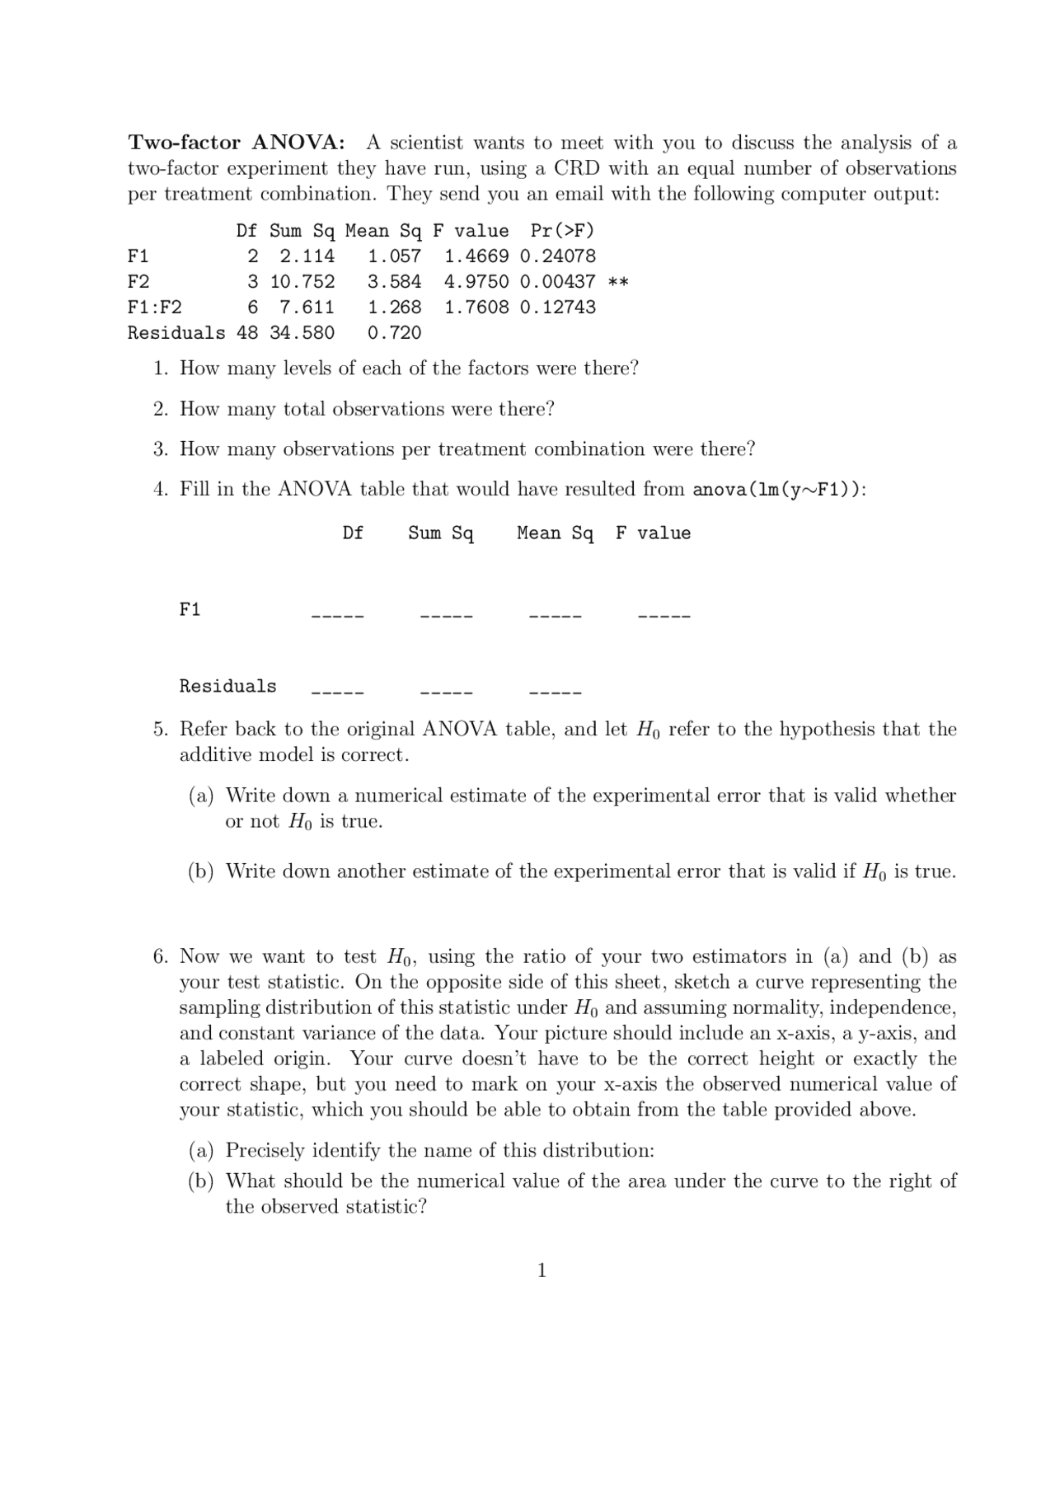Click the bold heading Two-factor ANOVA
(x=237, y=143)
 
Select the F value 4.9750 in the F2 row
(x=476, y=282)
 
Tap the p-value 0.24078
(x=557, y=256)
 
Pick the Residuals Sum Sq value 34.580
(x=302, y=333)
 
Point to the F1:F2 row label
(x=154, y=308)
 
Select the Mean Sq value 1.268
(x=394, y=308)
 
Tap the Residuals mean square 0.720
(x=394, y=333)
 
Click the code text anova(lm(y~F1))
(x=776, y=490)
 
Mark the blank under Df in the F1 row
(x=337, y=615)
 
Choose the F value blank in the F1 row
(x=663, y=615)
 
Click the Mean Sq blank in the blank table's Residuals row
(x=555, y=692)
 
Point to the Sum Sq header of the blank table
(x=441, y=533)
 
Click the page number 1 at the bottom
(x=542, y=1270)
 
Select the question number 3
(x=160, y=449)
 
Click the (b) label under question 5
(x=200, y=871)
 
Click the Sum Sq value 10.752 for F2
(x=302, y=282)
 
